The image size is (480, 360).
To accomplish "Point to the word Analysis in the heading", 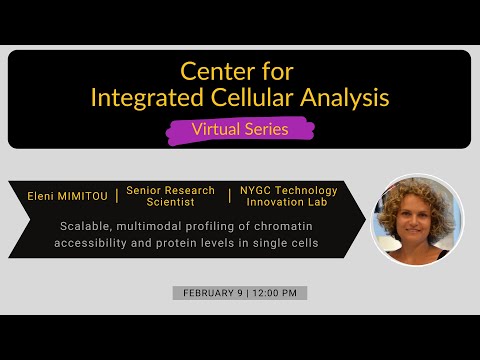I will click(339, 97).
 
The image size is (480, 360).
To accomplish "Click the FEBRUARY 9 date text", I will click(208, 293).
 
